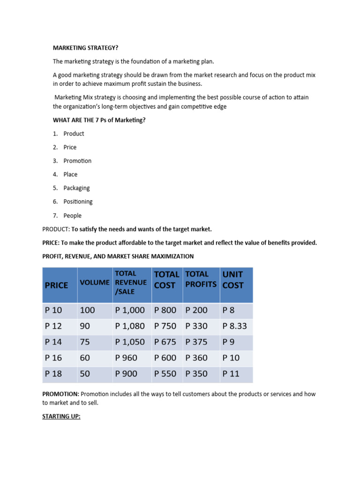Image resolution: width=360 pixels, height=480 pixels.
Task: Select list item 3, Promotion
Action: [x=77, y=161]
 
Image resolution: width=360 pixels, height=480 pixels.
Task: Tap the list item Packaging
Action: [x=76, y=188]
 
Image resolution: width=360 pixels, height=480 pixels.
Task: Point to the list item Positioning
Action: [x=78, y=202]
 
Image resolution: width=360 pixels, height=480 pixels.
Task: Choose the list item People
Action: [x=72, y=216]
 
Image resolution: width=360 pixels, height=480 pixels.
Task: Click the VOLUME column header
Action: [x=95, y=283]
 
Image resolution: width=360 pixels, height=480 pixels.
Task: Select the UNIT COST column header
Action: [x=233, y=279]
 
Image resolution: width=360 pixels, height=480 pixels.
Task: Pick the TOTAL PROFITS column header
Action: [x=201, y=279]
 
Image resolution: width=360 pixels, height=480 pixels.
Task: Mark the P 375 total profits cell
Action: [x=196, y=342]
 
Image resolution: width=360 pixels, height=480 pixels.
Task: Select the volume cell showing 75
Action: [x=85, y=342]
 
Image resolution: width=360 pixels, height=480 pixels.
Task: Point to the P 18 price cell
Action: [x=53, y=374]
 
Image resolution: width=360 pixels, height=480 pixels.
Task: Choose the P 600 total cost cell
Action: [x=165, y=358]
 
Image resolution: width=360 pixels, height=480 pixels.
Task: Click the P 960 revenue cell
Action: [x=126, y=358]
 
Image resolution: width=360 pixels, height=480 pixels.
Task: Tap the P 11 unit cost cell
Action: [x=231, y=374]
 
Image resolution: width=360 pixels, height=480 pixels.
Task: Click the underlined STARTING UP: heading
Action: [x=61, y=416]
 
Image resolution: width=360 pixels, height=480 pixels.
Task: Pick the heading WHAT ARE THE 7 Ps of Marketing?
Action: [x=99, y=120]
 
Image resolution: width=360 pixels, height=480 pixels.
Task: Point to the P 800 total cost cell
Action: [x=165, y=310]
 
